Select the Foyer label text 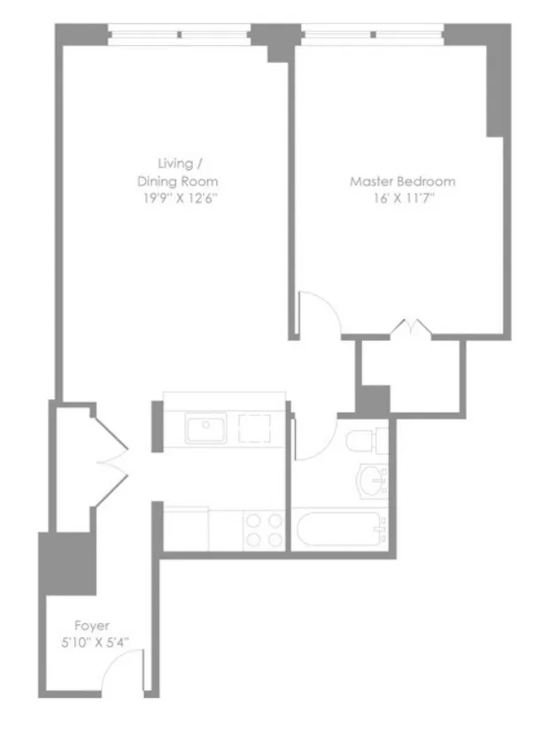pyautogui.click(x=92, y=625)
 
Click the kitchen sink pyautogui.click(x=206, y=431)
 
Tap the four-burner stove pyautogui.click(x=264, y=529)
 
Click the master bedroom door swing pyautogui.click(x=314, y=312)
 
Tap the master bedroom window pyautogui.click(x=372, y=35)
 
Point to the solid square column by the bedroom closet pyautogui.click(x=372, y=399)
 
